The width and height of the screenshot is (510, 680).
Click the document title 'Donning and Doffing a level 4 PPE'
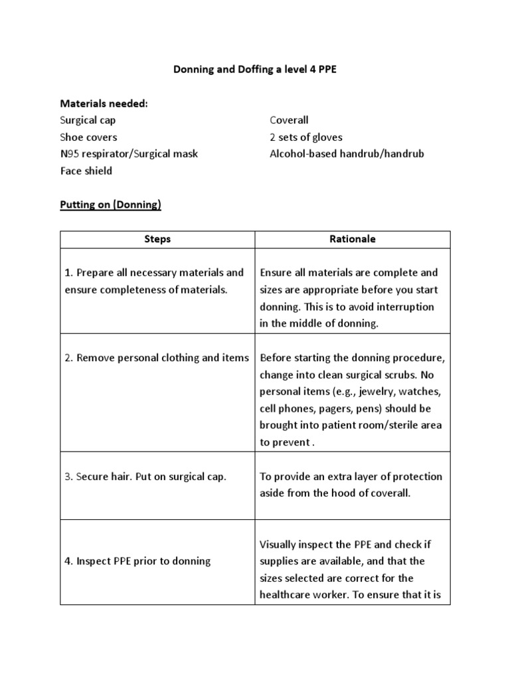pyautogui.click(x=255, y=69)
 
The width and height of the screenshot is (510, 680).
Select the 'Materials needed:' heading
pyautogui.click(x=104, y=104)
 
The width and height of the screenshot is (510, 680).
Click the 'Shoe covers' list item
pyautogui.click(x=88, y=137)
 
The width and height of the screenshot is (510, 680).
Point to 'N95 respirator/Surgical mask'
pyautogui.click(x=129, y=153)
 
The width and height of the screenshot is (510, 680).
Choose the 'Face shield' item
pyautogui.click(x=86, y=171)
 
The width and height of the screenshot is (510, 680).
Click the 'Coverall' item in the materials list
pyautogui.click(x=289, y=120)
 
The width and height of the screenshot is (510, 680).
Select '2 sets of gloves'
pyautogui.click(x=306, y=137)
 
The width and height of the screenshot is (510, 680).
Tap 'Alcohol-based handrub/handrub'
pyautogui.click(x=346, y=153)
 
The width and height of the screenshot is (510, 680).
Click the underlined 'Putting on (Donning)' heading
pyautogui.click(x=111, y=205)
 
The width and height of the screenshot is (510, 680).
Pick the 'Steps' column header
pyautogui.click(x=157, y=239)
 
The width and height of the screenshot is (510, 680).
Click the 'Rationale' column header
pyautogui.click(x=353, y=239)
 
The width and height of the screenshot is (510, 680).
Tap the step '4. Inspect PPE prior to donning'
pyautogui.click(x=137, y=561)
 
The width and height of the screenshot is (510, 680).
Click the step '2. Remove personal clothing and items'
pyautogui.click(x=157, y=357)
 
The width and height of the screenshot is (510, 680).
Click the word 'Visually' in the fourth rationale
pyautogui.click(x=279, y=545)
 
